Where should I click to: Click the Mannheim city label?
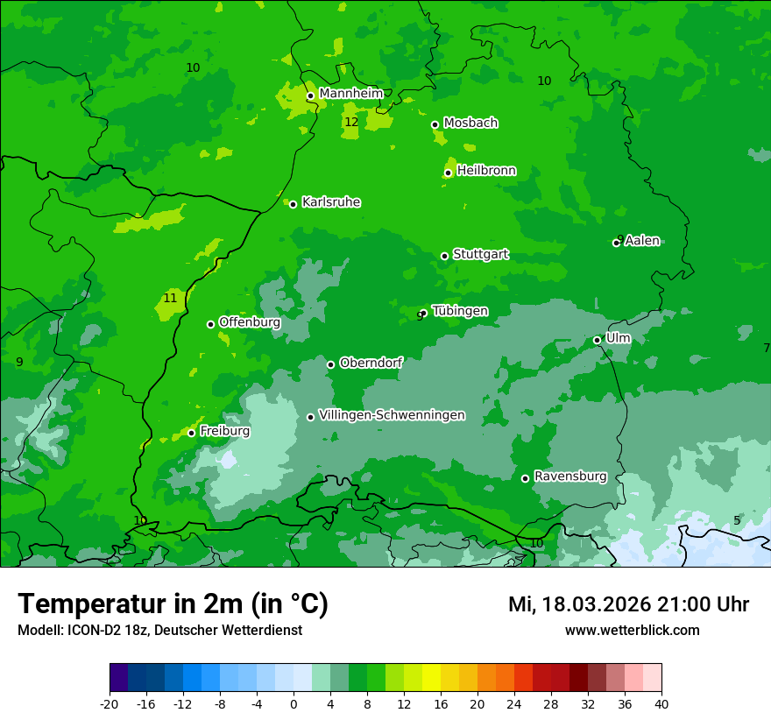click(x=350, y=94)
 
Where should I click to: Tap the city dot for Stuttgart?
click(x=444, y=256)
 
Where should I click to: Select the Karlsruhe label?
click(x=330, y=202)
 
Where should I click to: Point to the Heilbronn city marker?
click(x=448, y=173)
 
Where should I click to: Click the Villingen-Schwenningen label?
click(x=392, y=415)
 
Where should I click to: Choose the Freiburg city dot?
click(x=191, y=433)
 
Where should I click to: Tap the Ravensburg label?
click(x=569, y=476)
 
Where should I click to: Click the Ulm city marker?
click(x=597, y=340)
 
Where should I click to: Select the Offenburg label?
click(x=249, y=322)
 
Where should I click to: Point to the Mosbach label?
click(x=470, y=124)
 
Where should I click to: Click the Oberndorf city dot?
click(x=330, y=364)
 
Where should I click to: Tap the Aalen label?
click(x=641, y=241)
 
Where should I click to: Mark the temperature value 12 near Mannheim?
click(x=351, y=122)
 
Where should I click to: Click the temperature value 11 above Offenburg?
click(x=170, y=298)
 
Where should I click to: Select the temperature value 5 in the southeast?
click(x=737, y=520)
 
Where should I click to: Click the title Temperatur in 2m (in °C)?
click(x=173, y=603)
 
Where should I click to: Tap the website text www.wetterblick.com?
click(x=632, y=630)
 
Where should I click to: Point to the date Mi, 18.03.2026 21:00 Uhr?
click(x=628, y=604)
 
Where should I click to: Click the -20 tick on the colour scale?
click(x=110, y=703)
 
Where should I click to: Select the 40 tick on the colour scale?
click(x=661, y=703)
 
